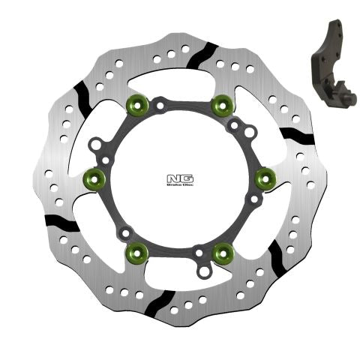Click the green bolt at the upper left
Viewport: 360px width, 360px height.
tap(138, 103)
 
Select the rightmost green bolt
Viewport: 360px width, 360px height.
tap(264, 178)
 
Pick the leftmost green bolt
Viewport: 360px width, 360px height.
tap(94, 178)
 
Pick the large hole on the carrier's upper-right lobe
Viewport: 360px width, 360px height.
tap(249, 132)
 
